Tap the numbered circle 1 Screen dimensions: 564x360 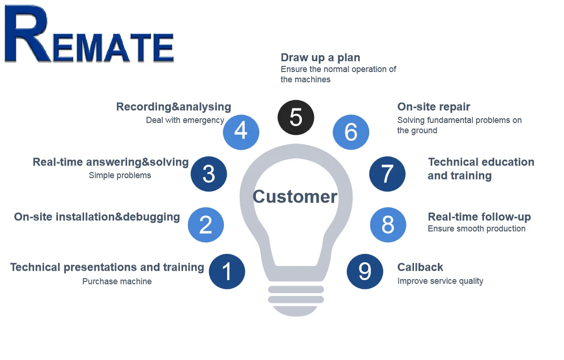pos(227,271)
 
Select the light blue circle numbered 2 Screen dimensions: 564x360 pos(206,225)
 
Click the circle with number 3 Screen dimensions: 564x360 pos(209,174)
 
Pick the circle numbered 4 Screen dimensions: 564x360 pos(241,131)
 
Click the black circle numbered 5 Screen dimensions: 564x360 pos(296,117)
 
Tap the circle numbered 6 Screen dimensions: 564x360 pos(351,132)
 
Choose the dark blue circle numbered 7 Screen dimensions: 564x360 pos(387,174)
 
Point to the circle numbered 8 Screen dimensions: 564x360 pos(388,225)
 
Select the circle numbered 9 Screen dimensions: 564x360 pos(365,271)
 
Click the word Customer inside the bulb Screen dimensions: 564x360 pos(295,197)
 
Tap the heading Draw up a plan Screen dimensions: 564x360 pos(320,58)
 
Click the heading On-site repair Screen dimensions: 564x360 pos(434,107)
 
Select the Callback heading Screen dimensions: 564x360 pos(420,267)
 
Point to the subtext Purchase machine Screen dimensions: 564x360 pos(117,281)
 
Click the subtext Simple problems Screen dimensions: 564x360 pos(120,176)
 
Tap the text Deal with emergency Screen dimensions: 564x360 pos(185,120)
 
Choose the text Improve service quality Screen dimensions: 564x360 pos(440,281)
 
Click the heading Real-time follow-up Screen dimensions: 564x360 pos(479,217)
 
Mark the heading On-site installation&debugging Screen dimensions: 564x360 pos(97,217)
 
